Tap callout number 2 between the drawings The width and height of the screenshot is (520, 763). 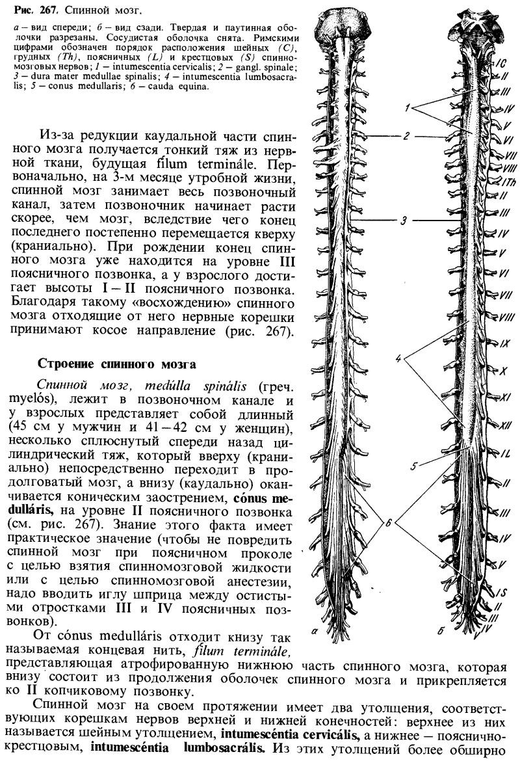click(406, 137)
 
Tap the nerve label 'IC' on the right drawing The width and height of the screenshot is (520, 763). click(500, 63)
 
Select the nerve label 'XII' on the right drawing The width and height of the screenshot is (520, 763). click(502, 426)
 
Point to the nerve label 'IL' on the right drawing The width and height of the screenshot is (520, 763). click(502, 451)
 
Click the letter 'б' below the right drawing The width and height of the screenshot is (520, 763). click(439, 630)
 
